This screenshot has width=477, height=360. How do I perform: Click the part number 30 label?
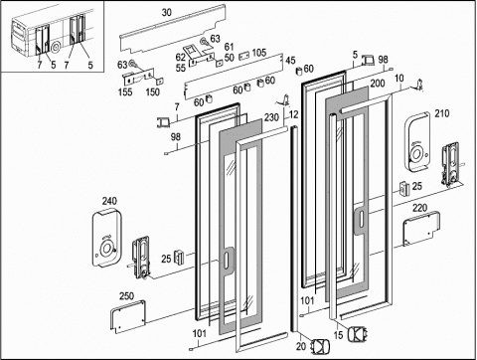167,13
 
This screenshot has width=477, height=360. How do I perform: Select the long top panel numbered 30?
172,29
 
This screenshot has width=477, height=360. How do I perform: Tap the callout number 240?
109,201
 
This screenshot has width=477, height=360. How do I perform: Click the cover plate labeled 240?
107,238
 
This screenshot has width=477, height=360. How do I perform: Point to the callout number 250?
126,295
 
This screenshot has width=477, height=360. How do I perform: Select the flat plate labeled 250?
128,316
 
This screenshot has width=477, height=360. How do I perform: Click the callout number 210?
442,113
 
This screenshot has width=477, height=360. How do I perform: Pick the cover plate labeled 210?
417,142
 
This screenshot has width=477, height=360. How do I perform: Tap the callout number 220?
419,208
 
